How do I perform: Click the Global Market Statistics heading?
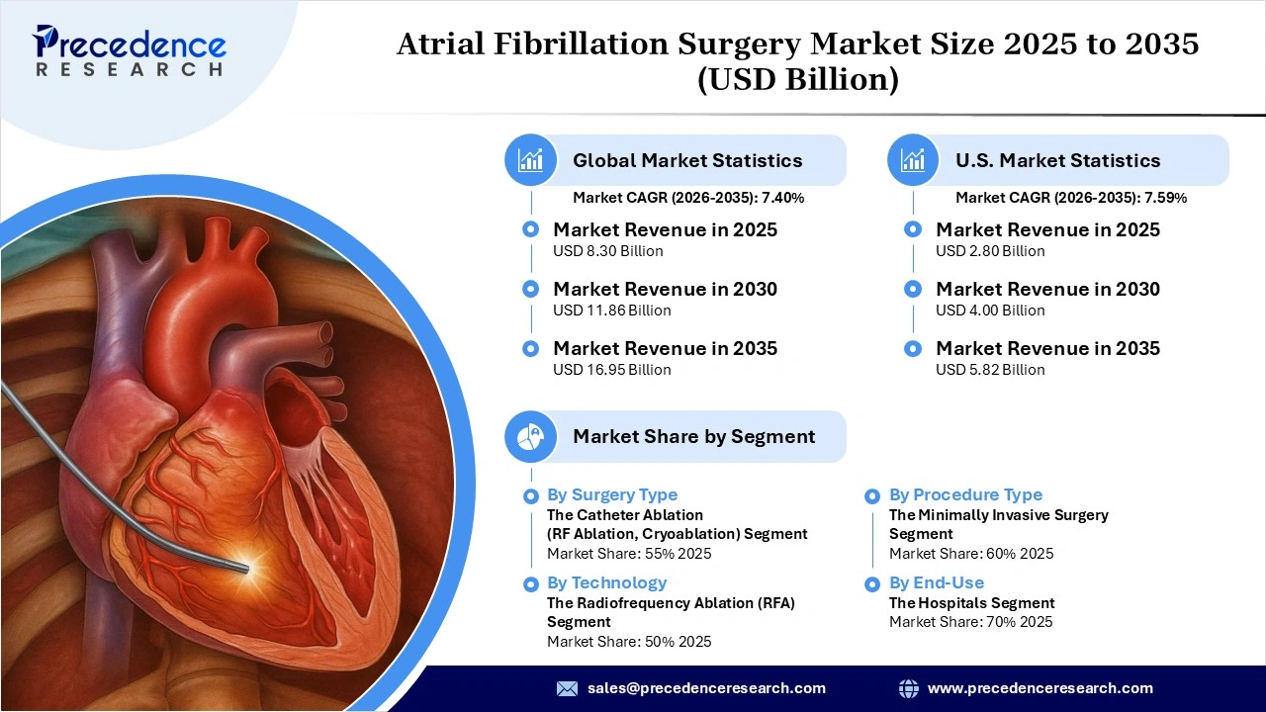687,160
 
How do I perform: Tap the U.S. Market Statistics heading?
1057,160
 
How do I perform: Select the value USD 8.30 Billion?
607,251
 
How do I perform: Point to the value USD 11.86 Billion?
611,311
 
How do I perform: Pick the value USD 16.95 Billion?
611,370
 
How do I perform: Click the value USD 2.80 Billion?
990,251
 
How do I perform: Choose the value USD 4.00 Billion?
990,311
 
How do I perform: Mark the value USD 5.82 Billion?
990,370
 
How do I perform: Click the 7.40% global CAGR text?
782,198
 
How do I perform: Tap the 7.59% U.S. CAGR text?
1165,198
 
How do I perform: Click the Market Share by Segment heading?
693,436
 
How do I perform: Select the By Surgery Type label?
612,494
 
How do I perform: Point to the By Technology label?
606,582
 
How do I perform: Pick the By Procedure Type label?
965,494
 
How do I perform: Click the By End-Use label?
936,582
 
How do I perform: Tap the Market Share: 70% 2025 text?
970,622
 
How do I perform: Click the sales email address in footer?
706,688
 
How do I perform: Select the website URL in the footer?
1040,688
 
